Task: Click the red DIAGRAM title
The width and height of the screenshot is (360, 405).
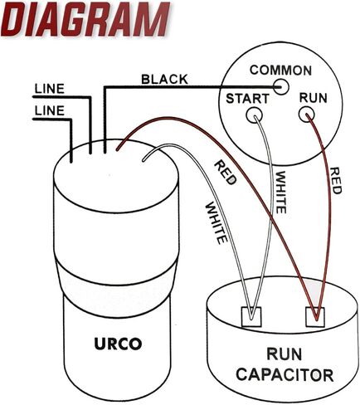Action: coord(85,19)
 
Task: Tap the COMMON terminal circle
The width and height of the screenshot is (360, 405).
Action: coord(281,87)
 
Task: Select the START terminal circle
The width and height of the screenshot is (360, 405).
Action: coord(254,115)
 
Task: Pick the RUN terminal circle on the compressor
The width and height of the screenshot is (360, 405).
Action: coord(306,115)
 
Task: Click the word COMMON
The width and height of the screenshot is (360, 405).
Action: coord(280,71)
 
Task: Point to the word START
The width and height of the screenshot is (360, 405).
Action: coord(247,99)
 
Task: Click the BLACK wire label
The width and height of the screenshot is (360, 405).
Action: coord(164,80)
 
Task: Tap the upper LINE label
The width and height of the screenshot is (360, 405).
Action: coord(50,89)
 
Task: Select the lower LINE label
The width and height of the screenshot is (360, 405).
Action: coord(50,110)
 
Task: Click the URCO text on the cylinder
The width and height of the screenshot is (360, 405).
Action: coord(118,344)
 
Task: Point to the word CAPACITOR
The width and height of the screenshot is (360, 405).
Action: coord(285,375)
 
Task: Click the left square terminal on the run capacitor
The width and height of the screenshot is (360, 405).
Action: coord(251,316)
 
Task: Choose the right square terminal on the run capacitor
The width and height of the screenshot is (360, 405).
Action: coord(315,316)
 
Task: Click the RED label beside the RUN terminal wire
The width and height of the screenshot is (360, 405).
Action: coord(336,180)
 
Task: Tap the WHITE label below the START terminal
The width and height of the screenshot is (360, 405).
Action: coord(280,193)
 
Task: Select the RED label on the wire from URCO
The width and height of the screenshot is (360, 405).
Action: coord(226,173)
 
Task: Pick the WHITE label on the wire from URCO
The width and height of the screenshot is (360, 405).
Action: coord(216,223)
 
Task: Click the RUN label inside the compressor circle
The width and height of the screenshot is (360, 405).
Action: coord(314,98)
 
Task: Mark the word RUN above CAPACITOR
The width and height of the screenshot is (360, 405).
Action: coord(284,354)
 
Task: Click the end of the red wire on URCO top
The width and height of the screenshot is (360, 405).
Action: coord(117,149)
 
